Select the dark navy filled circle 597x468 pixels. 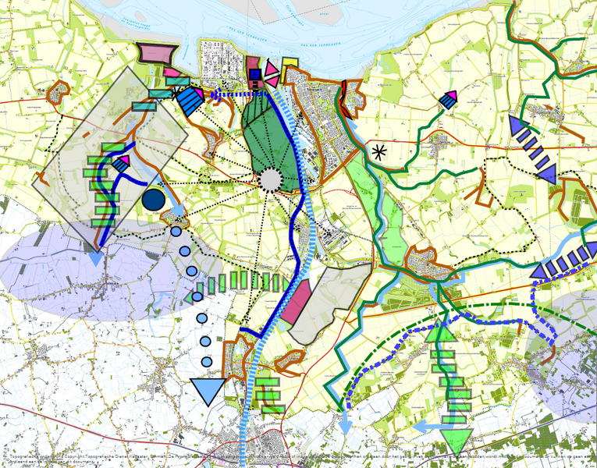tap(154, 200)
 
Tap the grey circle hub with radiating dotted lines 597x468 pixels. tap(269, 179)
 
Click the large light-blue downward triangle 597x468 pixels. tap(208, 389)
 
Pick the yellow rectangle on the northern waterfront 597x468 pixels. tap(290, 65)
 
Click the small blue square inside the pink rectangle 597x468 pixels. tap(255, 74)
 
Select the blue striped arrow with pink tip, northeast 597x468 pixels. tap(448, 98)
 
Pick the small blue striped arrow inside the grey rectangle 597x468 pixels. tap(120, 163)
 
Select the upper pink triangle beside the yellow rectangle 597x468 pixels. tap(272, 69)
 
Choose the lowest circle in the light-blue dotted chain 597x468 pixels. tap(207, 361)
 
